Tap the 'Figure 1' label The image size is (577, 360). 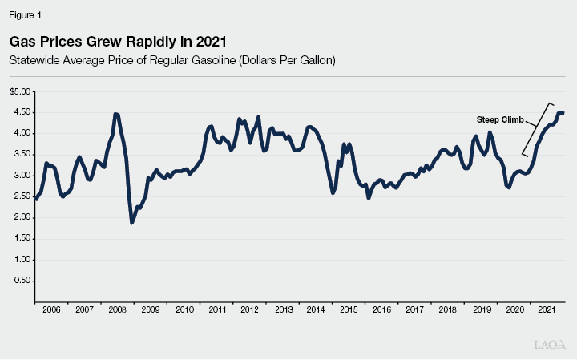click(24, 15)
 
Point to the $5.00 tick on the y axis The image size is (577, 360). click(20, 91)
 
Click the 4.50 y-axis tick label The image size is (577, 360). click(22, 112)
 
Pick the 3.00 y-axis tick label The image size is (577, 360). click(22, 176)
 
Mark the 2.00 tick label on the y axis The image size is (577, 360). click(22, 217)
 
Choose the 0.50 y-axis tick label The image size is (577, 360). click(22, 281)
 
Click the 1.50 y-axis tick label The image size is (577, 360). click(22, 239)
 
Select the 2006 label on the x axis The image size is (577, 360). click(51, 309)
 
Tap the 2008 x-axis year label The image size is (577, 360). click(118, 309)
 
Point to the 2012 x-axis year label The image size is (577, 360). click(249, 309)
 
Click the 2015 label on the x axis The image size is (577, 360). click(349, 309)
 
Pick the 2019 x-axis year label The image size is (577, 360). click(480, 309)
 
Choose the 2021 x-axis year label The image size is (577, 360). click(546, 309)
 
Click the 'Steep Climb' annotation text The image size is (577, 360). click(494, 119)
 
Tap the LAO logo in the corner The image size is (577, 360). click(550, 345)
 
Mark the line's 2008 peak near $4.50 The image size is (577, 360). click(116, 114)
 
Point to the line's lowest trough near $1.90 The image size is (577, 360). click(132, 222)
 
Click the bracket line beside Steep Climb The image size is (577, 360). click(536, 128)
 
